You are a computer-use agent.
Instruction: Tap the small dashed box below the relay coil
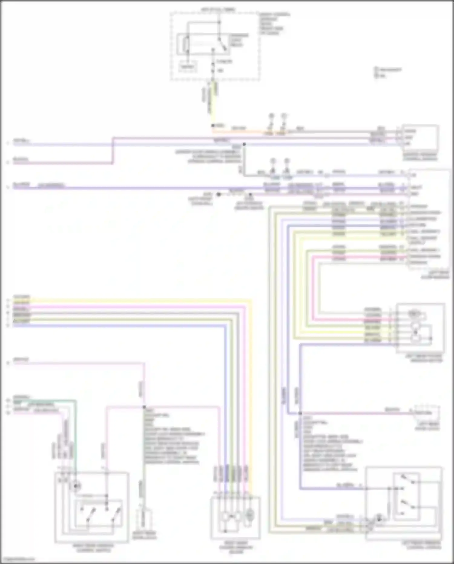(187, 67)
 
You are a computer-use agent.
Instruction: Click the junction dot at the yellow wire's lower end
(212, 125)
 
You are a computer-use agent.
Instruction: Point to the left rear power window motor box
(420, 327)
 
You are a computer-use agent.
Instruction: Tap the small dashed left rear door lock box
(427, 413)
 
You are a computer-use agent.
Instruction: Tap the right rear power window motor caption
(236, 547)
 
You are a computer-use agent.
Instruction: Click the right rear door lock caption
(145, 536)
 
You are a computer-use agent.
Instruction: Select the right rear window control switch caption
(94, 548)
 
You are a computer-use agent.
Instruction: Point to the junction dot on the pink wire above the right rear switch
(144, 407)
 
